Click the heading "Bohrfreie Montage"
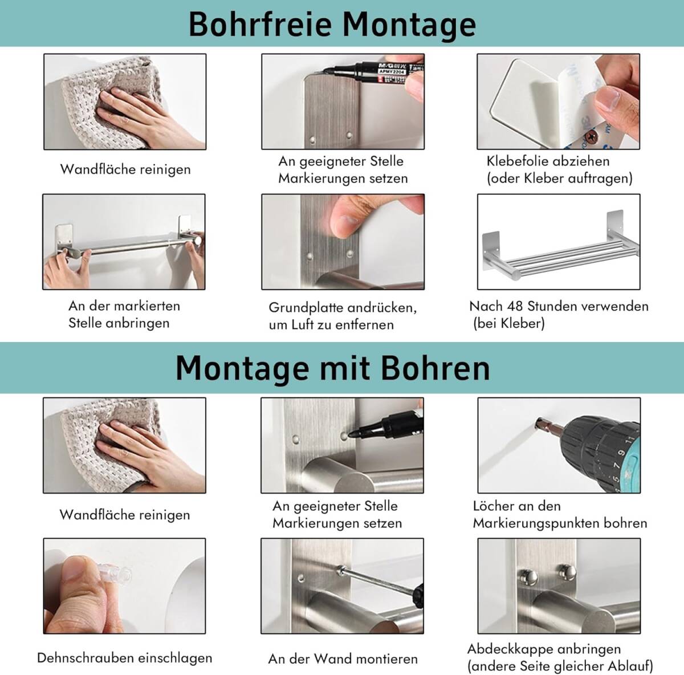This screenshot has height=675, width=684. click(332, 24)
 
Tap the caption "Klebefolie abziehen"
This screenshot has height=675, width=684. click(548, 161)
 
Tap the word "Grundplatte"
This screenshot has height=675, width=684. click(306, 308)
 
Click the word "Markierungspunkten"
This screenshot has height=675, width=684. click(536, 523)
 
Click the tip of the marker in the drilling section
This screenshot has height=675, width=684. click(350, 434)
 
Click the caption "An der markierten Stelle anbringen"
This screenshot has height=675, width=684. click(124, 315)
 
